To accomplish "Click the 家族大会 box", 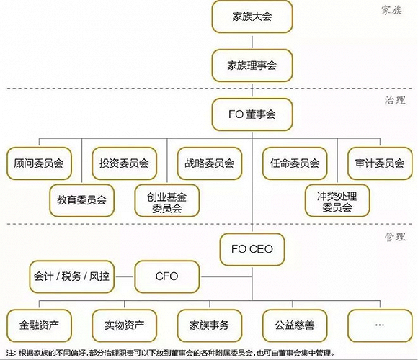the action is point(252,17).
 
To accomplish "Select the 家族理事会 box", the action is point(252,66).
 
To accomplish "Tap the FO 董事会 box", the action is point(252,114).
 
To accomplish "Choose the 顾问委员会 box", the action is point(39,163).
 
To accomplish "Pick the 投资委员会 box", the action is point(124,163).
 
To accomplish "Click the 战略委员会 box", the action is point(210,163).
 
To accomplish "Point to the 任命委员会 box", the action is point(295,163).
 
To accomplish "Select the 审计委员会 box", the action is point(380,163).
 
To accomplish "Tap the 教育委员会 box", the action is point(82,200).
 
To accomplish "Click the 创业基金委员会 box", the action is point(167,200).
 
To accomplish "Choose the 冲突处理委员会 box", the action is point(337,200).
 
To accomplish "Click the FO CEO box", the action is point(252,249).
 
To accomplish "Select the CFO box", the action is point(167,276).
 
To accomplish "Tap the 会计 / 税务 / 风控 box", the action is point(72,276).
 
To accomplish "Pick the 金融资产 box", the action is point(39,325).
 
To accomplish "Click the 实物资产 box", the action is point(124,325).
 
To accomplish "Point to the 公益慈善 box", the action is point(295,325).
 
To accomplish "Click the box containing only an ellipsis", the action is point(380,325).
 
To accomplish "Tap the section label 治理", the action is point(395,100).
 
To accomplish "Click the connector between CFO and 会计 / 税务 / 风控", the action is point(125,276).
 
